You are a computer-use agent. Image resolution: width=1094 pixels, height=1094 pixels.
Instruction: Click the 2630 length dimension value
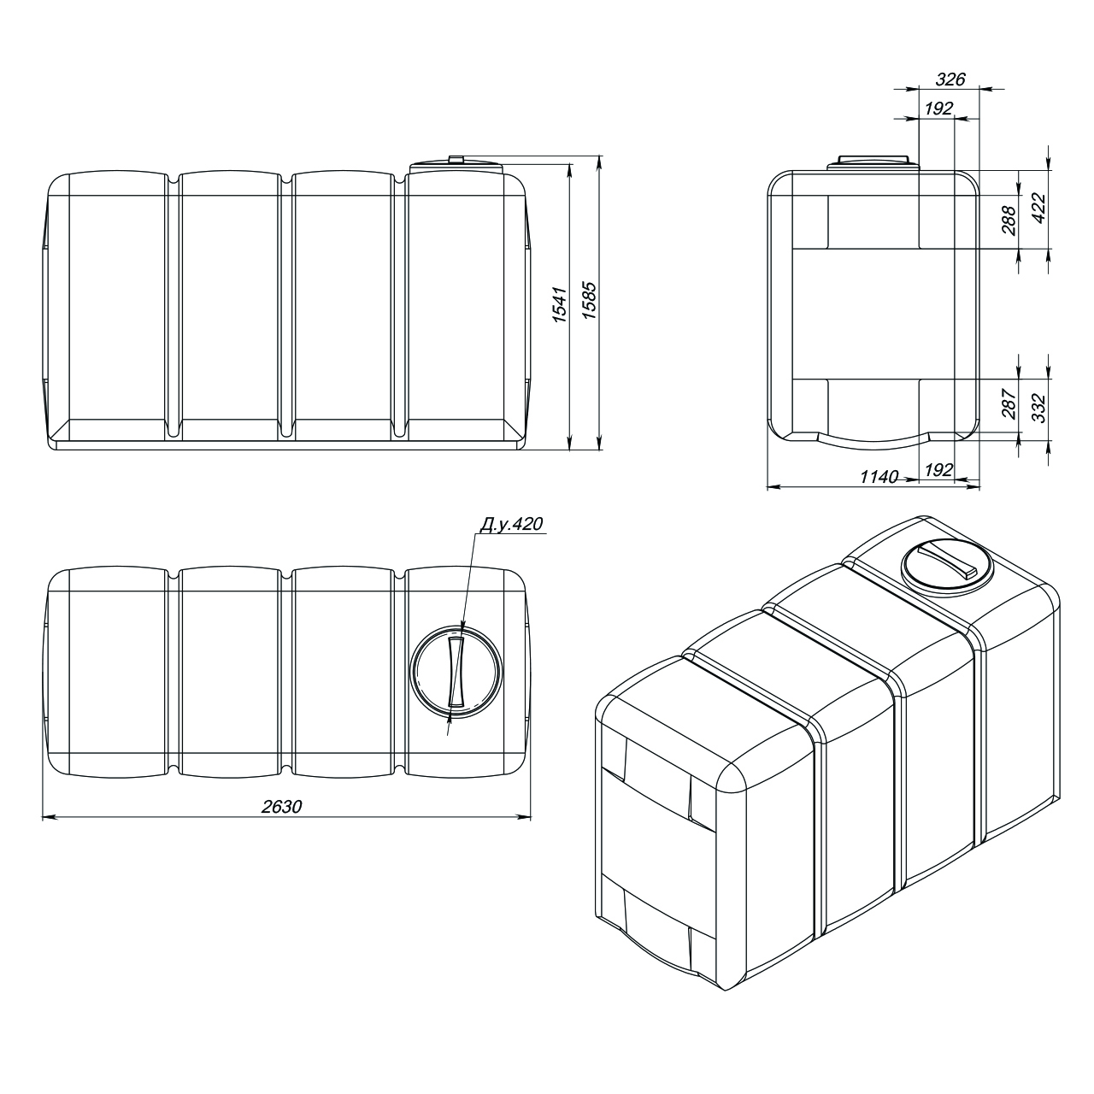tap(281, 806)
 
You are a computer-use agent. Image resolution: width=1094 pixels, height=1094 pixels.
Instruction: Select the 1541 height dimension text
tap(561, 305)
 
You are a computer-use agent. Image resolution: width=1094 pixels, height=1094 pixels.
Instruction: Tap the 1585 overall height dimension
tap(590, 300)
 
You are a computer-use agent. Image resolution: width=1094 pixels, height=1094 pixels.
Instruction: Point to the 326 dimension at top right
tap(950, 79)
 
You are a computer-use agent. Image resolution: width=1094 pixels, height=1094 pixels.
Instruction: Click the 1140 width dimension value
tap(879, 476)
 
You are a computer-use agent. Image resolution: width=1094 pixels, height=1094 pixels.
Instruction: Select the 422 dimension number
tap(1038, 209)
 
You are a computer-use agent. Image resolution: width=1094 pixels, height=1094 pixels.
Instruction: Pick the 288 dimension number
tap(1009, 221)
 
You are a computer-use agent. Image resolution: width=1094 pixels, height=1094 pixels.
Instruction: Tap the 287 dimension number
tap(1009, 403)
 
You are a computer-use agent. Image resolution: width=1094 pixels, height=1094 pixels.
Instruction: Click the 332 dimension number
tap(1038, 408)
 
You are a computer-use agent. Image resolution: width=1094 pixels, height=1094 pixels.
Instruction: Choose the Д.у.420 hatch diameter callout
tap(511, 524)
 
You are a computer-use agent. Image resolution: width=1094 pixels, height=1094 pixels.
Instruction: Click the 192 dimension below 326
tap(938, 109)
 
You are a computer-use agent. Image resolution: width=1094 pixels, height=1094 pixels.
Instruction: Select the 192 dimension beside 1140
tap(938, 470)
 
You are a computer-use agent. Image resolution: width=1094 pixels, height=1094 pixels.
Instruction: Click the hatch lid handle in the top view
tap(456, 672)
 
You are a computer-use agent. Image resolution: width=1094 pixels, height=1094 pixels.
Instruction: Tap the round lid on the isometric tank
tap(948, 569)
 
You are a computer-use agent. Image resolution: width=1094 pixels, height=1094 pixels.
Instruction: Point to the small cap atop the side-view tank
tap(456, 160)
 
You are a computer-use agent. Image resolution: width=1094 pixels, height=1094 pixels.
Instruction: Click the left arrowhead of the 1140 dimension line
tap(774, 486)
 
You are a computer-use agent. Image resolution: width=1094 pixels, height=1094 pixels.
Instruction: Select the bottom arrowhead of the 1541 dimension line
tap(569, 444)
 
